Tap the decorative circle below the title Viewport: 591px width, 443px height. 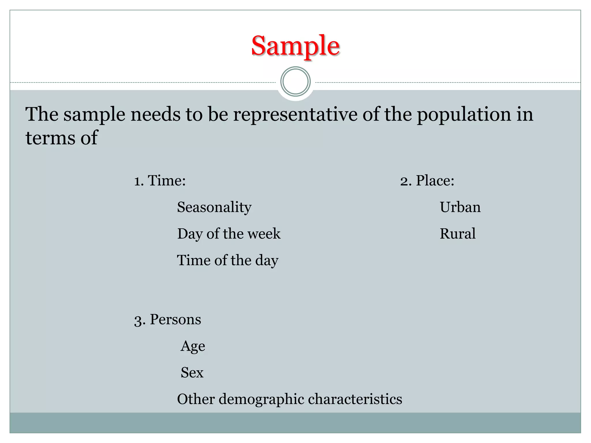pyautogui.click(x=295, y=82)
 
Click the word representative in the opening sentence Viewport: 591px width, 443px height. pyautogui.click(x=295, y=114)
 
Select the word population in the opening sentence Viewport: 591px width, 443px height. pyautogui.click(x=464, y=114)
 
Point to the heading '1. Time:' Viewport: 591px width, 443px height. pyautogui.click(x=160, y=181)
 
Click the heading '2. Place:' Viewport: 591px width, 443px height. pyautogui.click(x=427, y=181)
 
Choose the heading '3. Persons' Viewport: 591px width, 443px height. pyautogui.click(x=167, y=320)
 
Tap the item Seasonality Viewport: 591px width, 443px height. pyautogui.click(x=214, y=207)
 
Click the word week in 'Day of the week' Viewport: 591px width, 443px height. pyautogui.click(x=264, y=234)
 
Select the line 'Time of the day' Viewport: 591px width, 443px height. pyautogui.click(x=227, y=260)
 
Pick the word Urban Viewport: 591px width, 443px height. pyautogui.click(x=460, y=207)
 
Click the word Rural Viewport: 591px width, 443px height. pyautogui.click(x=457, y=234)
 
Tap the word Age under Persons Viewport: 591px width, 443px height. pyautogui.click(x=193, y=346)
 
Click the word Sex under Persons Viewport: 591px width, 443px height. pyautogui.click(x=192, y=372)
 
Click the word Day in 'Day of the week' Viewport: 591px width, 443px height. pyautogui.click(x=190, y=234)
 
